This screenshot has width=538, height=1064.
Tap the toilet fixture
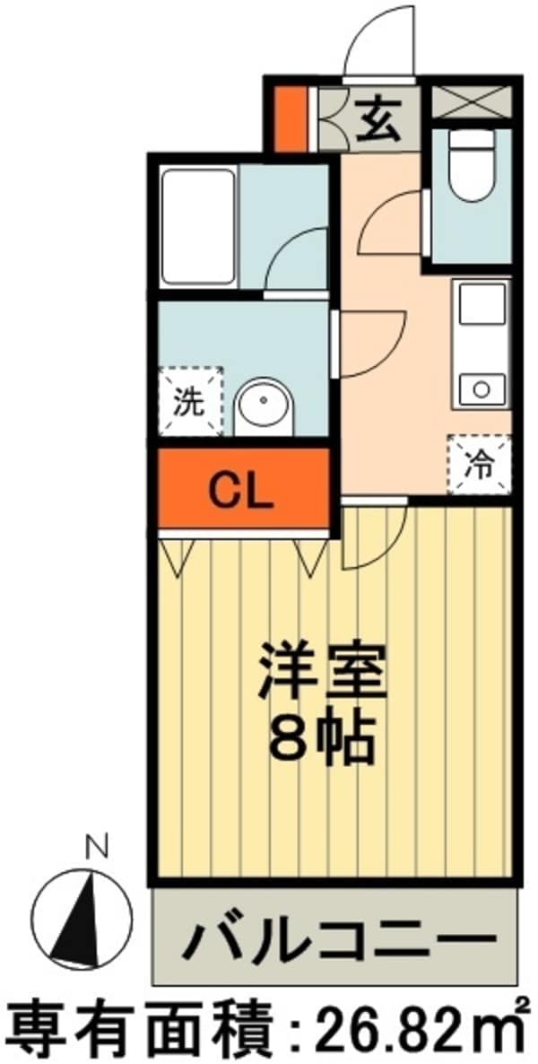point(472,166)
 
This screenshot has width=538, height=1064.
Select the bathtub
point(198,227)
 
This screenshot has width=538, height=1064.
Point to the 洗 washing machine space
point(191,401)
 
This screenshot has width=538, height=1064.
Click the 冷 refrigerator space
point(480,465)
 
